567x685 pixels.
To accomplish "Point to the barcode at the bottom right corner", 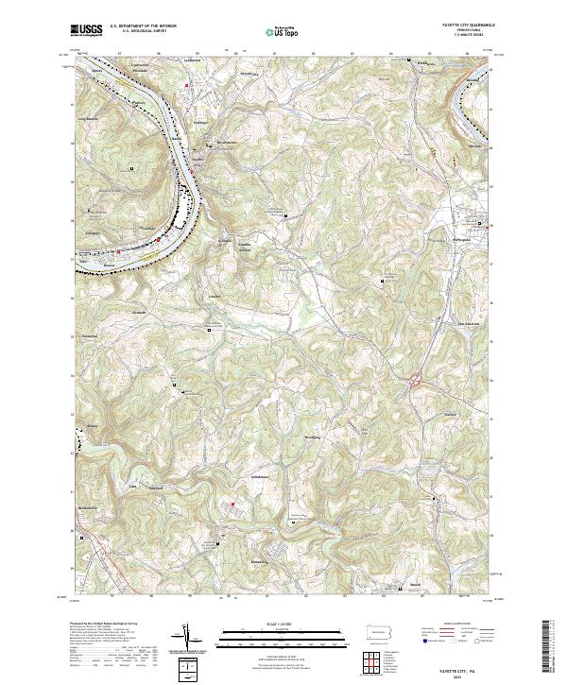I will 553,647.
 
